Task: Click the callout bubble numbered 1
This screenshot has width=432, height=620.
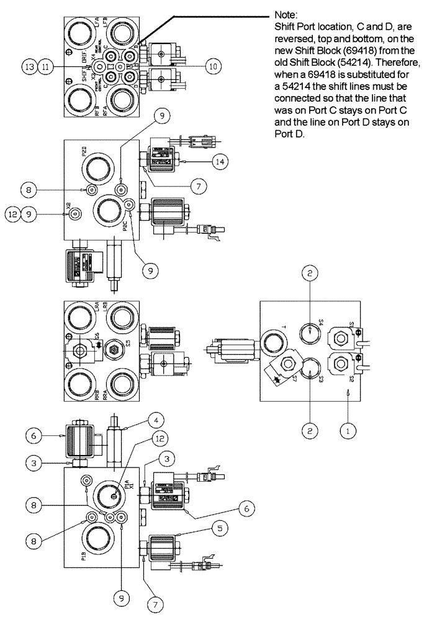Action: point(351,428)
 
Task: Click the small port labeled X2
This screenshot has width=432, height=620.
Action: point(74,214)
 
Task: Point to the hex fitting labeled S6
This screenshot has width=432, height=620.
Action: point(80,350)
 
